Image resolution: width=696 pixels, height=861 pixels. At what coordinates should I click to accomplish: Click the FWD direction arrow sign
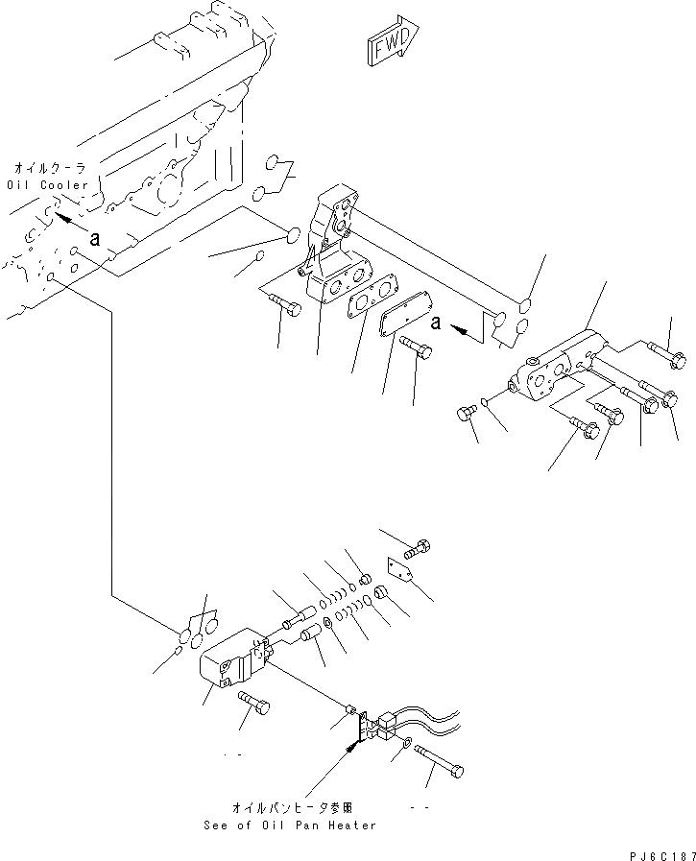pyautogui.click(x=389, y=44)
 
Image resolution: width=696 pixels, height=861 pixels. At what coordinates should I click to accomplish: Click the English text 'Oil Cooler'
pyautogui.click(x=47, y=184)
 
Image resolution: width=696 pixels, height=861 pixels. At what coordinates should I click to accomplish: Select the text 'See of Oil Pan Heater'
pyautogui.click(x=290, y=825)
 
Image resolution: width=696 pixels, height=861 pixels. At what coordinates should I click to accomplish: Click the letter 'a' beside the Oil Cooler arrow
pyautogui.click(x=93, y=239)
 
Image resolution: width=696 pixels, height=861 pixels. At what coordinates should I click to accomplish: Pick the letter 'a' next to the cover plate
pyautogui.click(x=436, y=323)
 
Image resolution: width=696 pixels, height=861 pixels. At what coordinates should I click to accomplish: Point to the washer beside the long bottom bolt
pyautogui.click(x=409, y=742)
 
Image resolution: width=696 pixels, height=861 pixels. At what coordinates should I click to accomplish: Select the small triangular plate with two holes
pyautogui.click(x=401, y=571)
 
